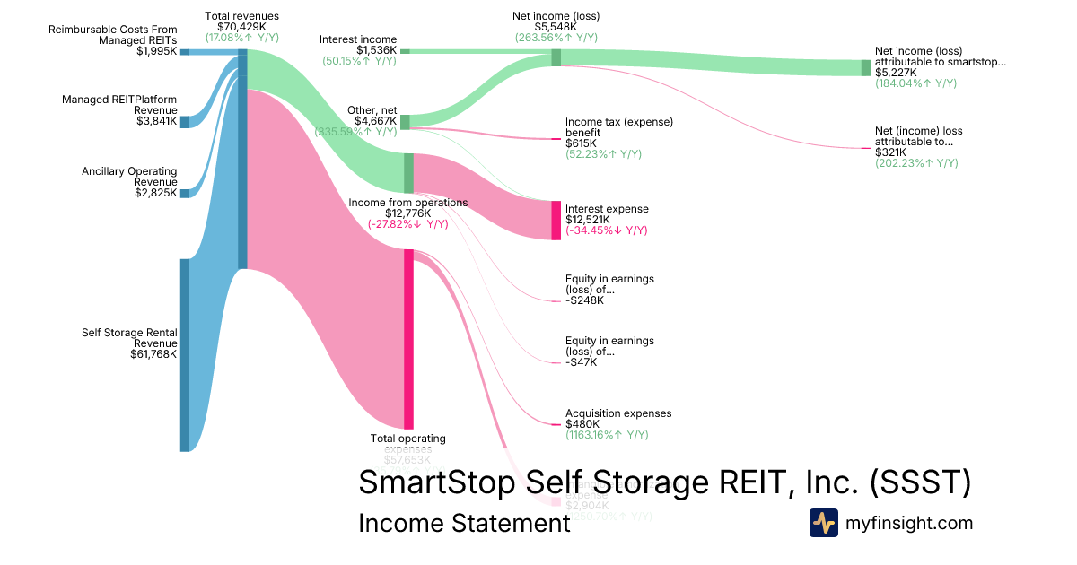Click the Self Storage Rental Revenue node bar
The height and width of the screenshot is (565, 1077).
[185, 354]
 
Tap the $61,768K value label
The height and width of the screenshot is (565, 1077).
[153, 354]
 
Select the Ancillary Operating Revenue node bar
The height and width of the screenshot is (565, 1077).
[185, 193]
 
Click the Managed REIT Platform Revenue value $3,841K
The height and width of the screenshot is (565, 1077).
[156, 121]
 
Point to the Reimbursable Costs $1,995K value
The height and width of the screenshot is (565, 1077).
[156, 51]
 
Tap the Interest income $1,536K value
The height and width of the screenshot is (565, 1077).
[376, 50]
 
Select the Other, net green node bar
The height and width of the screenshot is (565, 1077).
[405, 122]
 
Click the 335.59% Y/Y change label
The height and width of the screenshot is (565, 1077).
[355, 132]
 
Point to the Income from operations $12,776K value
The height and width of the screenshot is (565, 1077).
[407, 213]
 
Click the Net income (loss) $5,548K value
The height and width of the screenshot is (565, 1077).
[556, 27]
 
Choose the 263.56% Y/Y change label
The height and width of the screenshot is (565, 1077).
[556, 38]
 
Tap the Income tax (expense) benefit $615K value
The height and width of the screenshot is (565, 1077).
[580, 143]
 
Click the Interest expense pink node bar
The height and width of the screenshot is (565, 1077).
[556, 220]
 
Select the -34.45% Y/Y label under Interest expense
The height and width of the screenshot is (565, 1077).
[606, 230]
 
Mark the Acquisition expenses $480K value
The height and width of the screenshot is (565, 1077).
[582, 424]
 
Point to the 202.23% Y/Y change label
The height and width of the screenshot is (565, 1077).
[916, 163]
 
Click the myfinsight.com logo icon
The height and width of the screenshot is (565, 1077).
[823, 523]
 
